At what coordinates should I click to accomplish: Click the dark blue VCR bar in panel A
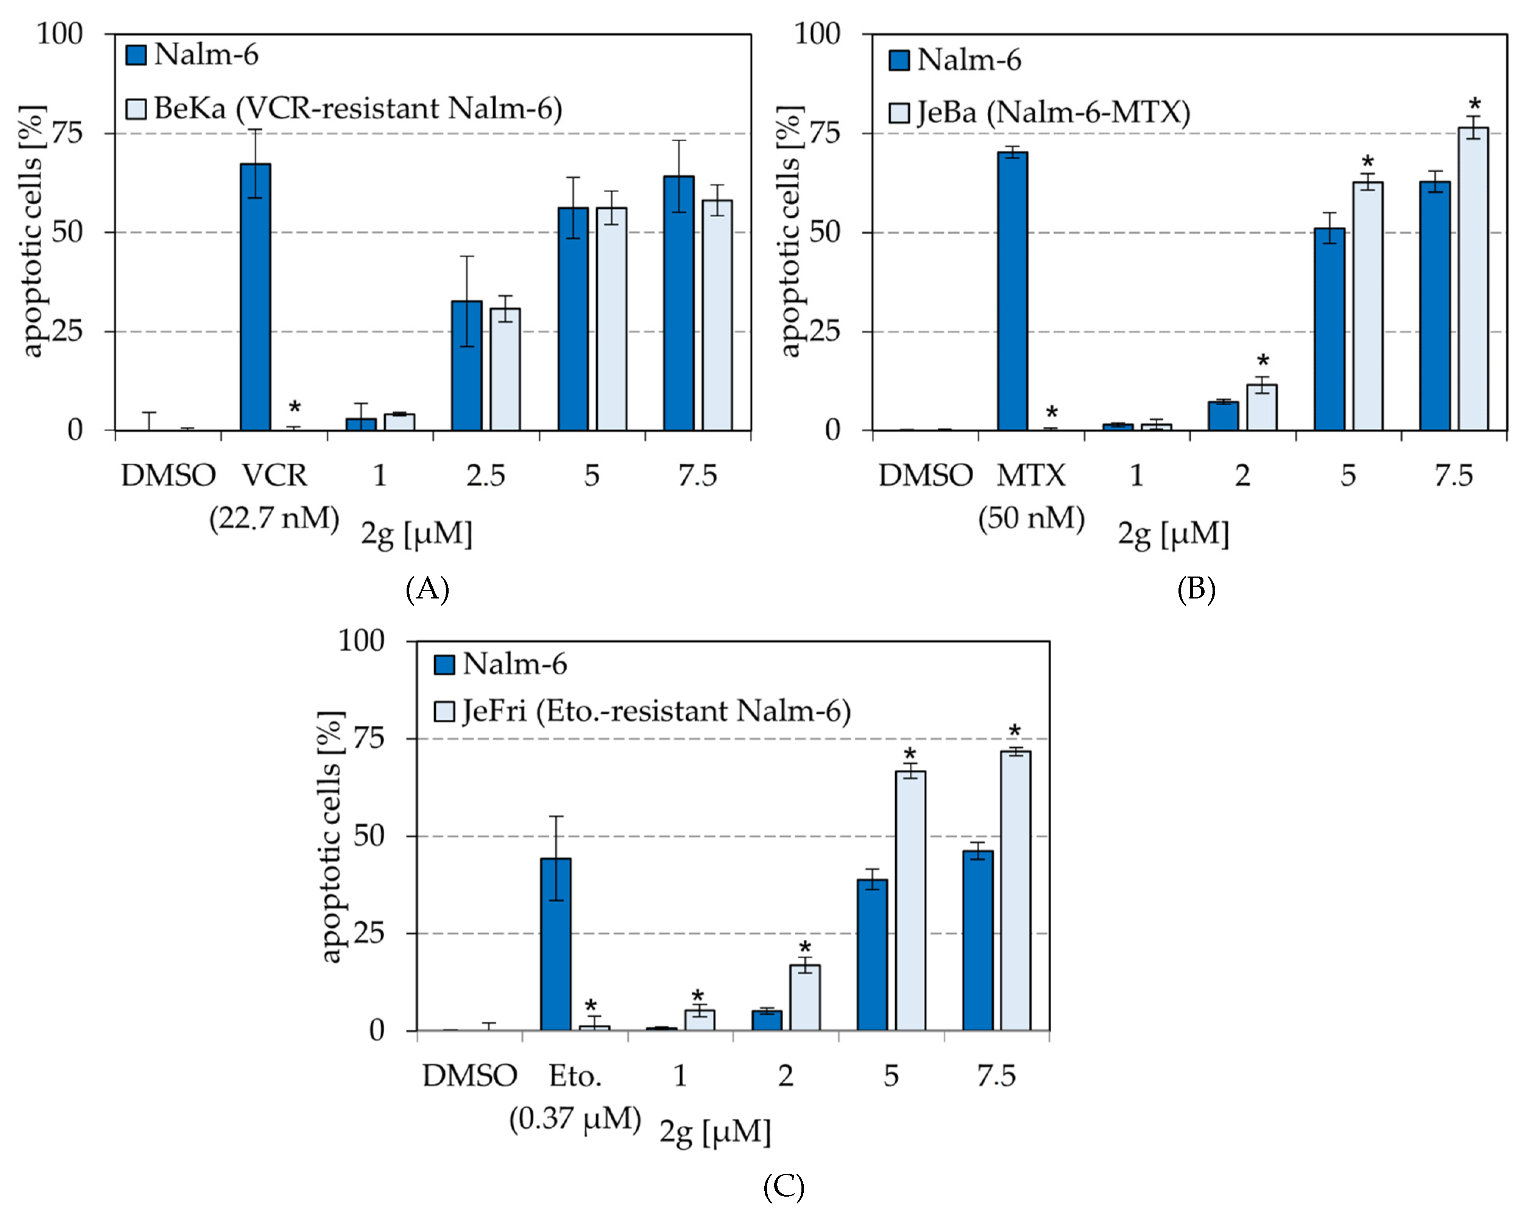256,297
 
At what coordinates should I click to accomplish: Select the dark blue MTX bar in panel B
1012,291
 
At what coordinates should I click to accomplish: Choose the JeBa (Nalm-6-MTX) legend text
1052,113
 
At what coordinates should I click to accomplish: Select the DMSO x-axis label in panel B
925,475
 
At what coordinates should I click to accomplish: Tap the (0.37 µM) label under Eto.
575,1119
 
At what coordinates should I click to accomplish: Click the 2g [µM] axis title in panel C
715,1132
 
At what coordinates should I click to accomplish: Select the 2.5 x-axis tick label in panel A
486,475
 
